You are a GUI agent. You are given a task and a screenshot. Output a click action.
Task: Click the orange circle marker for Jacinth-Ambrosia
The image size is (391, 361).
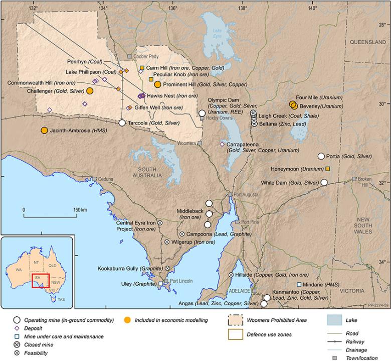point(45,131)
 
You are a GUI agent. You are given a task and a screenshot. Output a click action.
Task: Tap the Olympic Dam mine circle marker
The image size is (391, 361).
point(202,113)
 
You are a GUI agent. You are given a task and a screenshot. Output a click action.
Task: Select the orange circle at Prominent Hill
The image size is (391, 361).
point(157,84)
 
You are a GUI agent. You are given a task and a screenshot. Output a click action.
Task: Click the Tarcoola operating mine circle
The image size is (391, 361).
point(122,123)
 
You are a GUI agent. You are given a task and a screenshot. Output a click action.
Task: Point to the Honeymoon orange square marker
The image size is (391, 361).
point(327,169)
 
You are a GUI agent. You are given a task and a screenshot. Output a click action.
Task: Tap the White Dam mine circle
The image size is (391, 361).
point(324,182)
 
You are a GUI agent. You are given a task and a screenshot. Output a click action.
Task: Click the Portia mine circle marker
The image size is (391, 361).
point(321,156)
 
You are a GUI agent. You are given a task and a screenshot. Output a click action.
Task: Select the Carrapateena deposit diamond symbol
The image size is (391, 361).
point(223,144)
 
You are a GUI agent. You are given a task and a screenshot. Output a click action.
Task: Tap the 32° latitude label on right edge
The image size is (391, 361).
point(381,183)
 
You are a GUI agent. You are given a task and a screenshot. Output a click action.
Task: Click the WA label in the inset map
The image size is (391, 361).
point(19,270)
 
